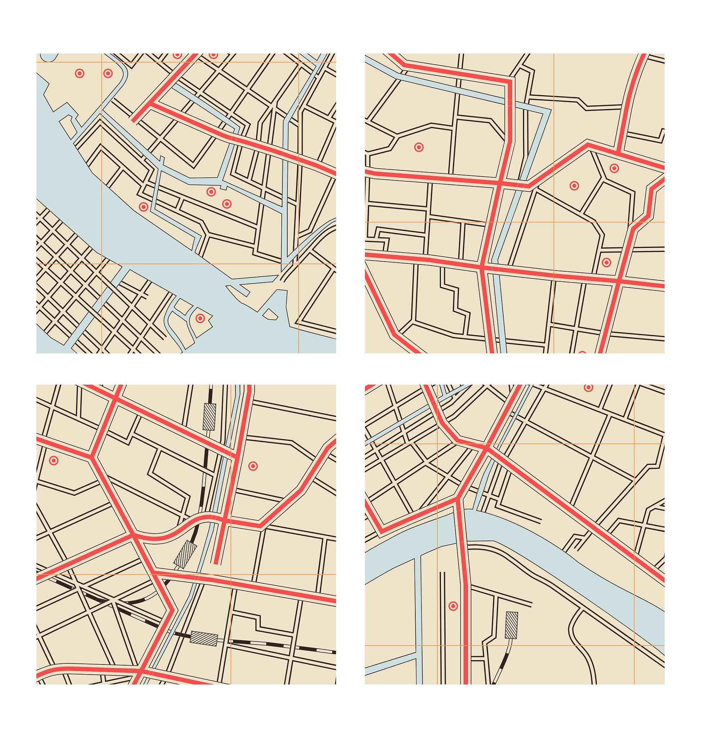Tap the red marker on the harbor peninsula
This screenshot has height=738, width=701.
tap(200, 318)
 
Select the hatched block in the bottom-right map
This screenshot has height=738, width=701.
tap(512, 625)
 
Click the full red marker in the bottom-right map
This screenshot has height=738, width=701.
tap(453, 606)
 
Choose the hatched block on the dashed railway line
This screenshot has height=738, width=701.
tap(204, 638)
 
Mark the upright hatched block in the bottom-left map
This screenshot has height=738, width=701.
tap(209, 417)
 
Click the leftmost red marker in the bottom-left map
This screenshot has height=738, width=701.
tap(54, 461)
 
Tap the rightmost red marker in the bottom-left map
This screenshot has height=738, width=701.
tap(253, 466)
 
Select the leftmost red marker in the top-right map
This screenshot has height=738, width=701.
tap(419, 147)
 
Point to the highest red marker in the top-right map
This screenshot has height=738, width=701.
tap(614, 168)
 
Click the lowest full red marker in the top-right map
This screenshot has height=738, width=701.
tap(607, 262)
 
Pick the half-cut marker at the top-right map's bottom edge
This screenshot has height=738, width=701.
tap(582, 352)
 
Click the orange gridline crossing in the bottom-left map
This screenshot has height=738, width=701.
tap(231, 574)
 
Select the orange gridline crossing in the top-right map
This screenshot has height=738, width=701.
tap(554, 222)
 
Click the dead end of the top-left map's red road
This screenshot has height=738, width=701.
tap(134, 121)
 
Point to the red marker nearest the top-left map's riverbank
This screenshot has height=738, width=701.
tap(143, 207)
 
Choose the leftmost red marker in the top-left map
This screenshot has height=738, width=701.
tap(80, 73)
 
